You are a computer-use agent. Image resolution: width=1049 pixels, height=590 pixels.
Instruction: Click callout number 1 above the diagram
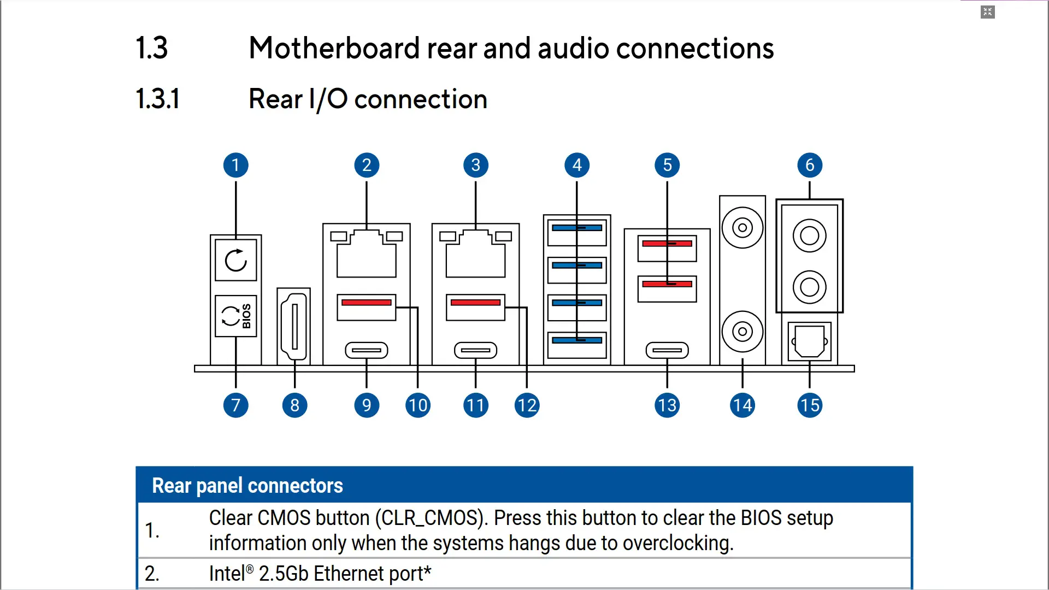click(x=235, y=165)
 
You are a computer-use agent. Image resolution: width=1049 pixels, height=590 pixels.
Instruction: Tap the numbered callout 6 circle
click(x=809, y=165)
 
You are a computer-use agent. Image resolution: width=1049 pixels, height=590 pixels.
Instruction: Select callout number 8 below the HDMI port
click(x=294, y=405)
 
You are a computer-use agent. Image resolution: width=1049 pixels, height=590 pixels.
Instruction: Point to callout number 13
click(x=667, y=405)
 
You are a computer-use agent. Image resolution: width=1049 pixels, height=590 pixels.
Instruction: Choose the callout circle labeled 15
click(x=809, y=405)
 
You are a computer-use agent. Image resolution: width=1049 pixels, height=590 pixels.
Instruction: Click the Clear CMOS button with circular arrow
click(x=235, y=260)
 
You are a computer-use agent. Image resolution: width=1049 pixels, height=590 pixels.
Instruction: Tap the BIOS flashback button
click(x=235, y=316)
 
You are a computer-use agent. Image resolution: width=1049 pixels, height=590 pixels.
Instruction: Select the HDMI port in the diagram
click(x=294, y=327)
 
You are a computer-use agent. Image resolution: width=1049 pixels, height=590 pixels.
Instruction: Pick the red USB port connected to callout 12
click(x=475, y=307)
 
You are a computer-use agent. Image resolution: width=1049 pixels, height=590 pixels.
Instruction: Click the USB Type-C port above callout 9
click(x=366, y=350)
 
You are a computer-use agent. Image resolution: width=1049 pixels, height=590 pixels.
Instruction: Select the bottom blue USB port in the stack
click(x=577, y=344)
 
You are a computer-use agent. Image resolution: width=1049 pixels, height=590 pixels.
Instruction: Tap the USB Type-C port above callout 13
click(x=667, y=350)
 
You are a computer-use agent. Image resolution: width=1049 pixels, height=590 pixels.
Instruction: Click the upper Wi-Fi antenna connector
click(x=742, y=227)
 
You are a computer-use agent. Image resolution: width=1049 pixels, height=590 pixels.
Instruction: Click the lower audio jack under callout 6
click(x=809, y=287)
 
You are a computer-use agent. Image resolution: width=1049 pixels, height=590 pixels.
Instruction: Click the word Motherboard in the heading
click(x=334, y=48)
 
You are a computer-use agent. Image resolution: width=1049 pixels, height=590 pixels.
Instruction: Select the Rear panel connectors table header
click(x=247, y=486)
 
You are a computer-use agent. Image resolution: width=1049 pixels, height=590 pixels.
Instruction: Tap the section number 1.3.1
click(x=157, y=99)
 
